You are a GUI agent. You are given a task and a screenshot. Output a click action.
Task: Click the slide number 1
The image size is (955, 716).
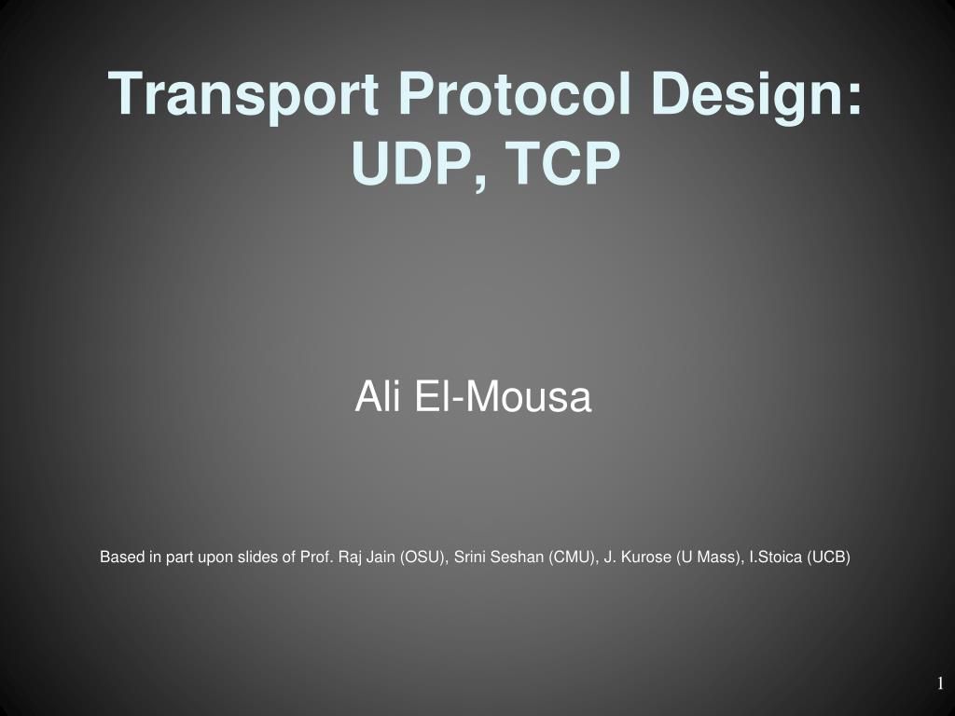[941, 684]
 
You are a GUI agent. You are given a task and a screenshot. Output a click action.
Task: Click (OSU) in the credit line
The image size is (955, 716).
[422, 558]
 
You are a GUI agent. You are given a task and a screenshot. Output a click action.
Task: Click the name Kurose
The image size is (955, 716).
[646, 558]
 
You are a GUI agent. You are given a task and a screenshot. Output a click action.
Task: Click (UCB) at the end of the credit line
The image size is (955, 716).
[829, 558]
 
